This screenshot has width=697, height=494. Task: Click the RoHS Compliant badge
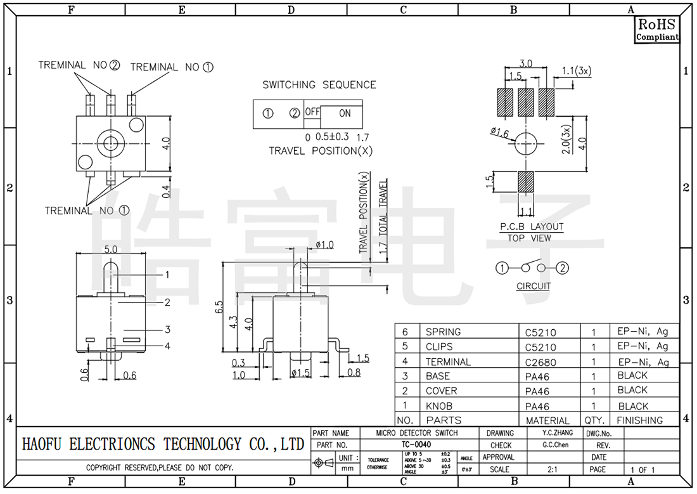click(657, 30)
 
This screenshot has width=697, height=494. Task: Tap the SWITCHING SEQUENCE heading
click(319, 85)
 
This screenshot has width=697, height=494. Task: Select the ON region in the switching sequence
click(344, 114)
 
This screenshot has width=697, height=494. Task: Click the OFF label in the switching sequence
click(312, 112)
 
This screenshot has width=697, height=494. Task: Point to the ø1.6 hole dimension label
click(500, 133)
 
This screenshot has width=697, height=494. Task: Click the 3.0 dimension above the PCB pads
click(526, 63)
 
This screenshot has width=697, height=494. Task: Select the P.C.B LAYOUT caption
click(532, 226)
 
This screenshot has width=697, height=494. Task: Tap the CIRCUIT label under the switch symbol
click(534, 286)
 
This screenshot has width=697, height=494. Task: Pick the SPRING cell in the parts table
click(444, 332)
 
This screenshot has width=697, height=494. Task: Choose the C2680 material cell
click(540, 362)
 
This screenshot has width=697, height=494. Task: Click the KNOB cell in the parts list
click(439, 406)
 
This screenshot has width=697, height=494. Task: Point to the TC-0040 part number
click(416, 445)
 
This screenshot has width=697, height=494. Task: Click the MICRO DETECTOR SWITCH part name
click(416, 433)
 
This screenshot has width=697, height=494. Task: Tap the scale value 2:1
click(553, 469)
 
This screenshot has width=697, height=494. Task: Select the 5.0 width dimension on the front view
click(111, 250)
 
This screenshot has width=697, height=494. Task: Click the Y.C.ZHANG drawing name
click(558, 433)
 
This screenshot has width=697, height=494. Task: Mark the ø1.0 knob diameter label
click(324, 245)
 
